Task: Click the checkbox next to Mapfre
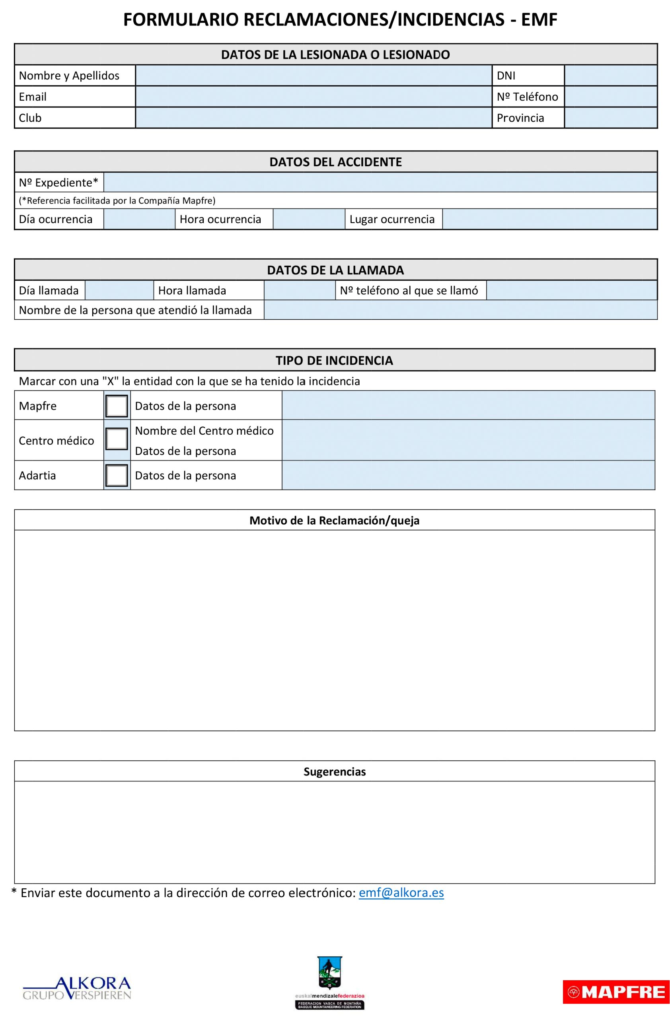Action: click(x=116, y=406)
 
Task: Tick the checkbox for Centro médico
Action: click(x=116, y=439)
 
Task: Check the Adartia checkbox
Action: click(x=116, y=475)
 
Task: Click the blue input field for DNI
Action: click(x=611, y=75)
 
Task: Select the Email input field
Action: click(x=313, y=97)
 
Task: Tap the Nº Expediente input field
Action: click(x=380, y=183)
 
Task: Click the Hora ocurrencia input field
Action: click(x=308, y=219)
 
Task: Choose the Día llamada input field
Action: click(x=119, y=290)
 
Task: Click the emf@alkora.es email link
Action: click(x=401, y=893)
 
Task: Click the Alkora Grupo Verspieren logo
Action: click(x=77, y=988)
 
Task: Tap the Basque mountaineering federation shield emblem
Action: click(x=329, y=973)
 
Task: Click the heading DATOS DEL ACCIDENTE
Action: click(x=335, y=162)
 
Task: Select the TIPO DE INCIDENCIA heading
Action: click(x=334, y=360)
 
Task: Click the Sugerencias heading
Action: click(x=335, y=771)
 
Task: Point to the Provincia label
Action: click(x=520, y=118)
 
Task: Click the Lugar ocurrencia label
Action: click(x=392, y=219)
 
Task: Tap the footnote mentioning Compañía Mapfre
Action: click(x=117, y=200)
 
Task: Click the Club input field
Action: click(x=313, y=118)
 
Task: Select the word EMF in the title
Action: click(x=539, y=19)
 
